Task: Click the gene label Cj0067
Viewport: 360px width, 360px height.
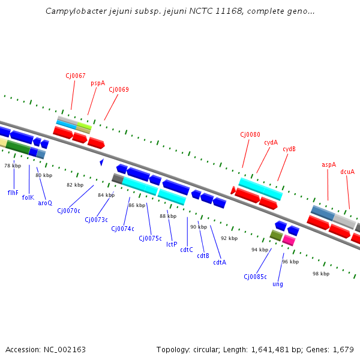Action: coord(76,76)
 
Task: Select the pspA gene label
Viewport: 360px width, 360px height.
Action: coord(98,83)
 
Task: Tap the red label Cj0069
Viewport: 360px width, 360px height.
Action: coord(119,89)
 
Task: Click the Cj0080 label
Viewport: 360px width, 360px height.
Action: coord(250,134)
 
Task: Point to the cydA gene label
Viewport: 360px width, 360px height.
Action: coord(271,142)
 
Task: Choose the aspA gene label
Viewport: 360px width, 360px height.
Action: coord(329,164)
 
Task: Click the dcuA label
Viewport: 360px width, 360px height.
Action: coord(347,172)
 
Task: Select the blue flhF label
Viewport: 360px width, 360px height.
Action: coord(13,193)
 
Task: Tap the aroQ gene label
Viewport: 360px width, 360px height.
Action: coord(45,203)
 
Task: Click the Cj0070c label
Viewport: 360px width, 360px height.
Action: coord(68,211)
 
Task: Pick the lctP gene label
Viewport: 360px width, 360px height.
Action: coord(172,244)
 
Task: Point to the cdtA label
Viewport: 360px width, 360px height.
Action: coord(220,262)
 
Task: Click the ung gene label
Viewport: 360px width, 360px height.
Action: coord(278,284)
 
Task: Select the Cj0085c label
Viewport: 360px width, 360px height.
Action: coord(255,277)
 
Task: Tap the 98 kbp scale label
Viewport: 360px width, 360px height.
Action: coord(321,274)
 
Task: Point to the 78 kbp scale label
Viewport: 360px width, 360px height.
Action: coord(13,165)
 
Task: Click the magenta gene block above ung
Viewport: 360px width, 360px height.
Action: coord(289,240)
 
